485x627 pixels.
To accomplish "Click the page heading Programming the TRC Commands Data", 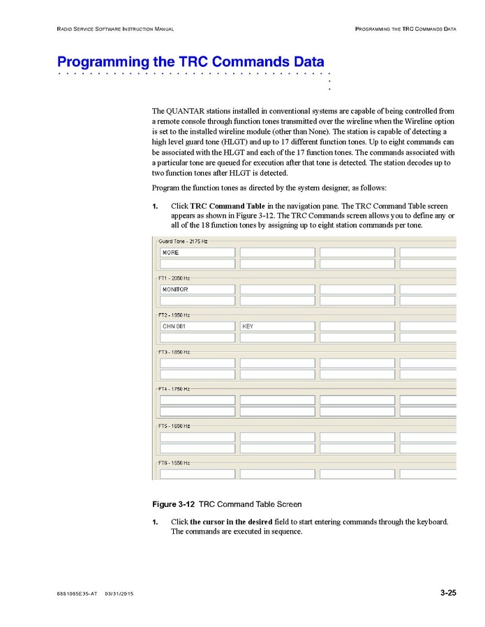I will tap(191, 61).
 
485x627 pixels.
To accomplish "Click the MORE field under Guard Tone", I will tap(197, 252).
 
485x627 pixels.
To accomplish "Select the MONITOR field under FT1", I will tap(197, 289).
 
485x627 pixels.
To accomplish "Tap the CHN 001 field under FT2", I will tap(197, 326).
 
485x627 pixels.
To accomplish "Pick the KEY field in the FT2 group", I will tap(277, 326).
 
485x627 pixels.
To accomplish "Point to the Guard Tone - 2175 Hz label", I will tap(183, 241).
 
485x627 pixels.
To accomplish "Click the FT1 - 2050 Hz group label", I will tap(174, 278).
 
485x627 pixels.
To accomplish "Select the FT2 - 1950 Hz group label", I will tap(174, 315).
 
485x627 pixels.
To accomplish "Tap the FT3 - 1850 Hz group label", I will tap(174, 352).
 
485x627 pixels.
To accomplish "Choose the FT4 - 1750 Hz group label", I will tap(174, 388).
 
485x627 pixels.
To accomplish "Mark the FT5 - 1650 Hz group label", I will tap(174, 425).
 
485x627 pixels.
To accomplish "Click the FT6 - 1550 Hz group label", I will tap(174, 462).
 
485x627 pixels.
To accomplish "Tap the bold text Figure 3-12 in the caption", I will tap(174, 504).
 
